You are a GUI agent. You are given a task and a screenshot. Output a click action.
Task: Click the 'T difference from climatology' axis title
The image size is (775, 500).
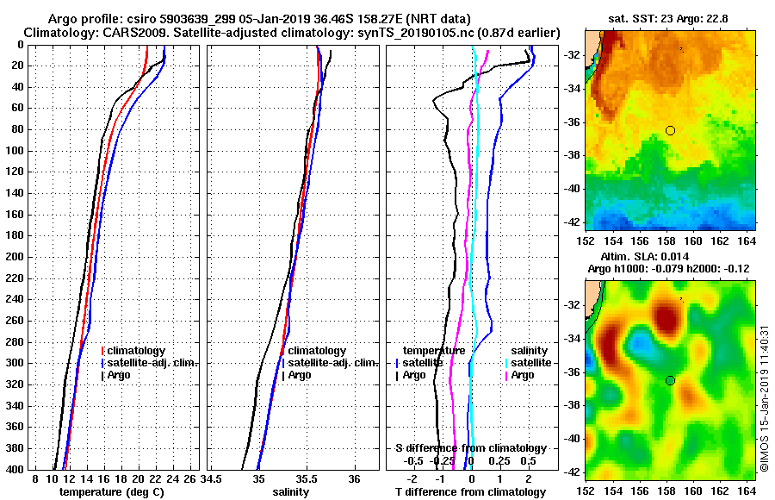470,491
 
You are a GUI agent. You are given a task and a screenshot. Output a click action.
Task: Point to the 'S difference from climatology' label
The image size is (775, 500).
470,448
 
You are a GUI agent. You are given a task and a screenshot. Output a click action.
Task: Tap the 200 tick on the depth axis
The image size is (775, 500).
15,257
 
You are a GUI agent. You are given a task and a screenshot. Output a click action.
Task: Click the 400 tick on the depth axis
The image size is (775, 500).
15,469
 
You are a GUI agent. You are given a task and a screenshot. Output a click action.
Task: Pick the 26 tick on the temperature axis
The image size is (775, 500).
190,478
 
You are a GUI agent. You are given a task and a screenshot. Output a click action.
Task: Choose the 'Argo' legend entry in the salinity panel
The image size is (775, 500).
299,375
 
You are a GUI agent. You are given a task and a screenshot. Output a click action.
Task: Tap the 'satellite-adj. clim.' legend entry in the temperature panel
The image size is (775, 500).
153,363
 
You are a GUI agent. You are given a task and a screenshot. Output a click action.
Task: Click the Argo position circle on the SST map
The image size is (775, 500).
670,130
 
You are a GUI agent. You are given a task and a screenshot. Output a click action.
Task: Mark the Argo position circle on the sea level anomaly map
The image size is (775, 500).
670,380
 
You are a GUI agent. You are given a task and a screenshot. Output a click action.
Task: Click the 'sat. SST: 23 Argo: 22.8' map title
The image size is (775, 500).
666,18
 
